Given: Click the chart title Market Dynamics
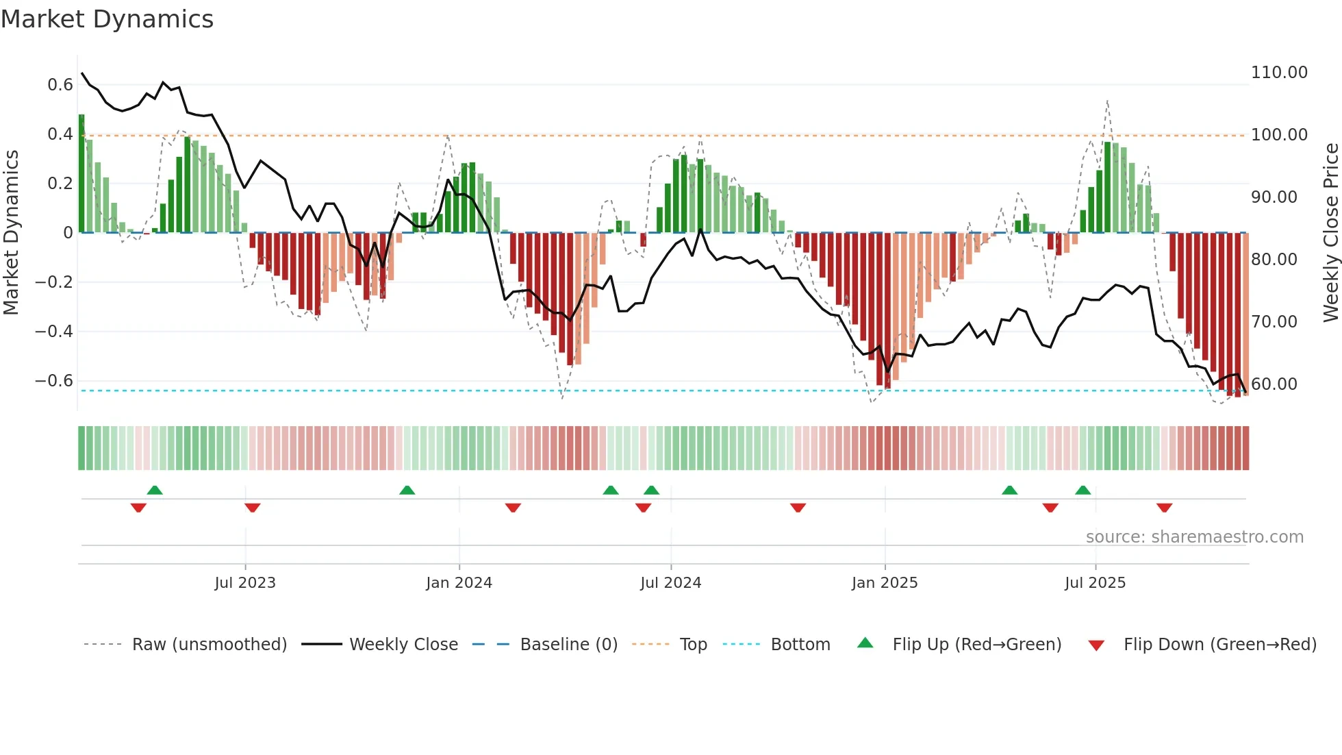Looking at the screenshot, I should click(x=107, y=19).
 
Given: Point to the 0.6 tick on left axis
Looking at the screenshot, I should click(x=60, y=85).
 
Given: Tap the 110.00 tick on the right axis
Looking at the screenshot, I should click(x=1279, y=73).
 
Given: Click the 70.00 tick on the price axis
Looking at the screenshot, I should click(x=1274, y=322).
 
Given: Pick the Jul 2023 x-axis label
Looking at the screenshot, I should click(x=245, y=583).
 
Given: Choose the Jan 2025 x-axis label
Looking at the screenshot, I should click(x=885, y=583).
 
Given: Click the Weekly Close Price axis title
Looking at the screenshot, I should click(x=1330, y=233).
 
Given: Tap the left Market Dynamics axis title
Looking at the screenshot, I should click(x=11, y=233).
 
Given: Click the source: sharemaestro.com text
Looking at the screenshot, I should click(x=1194, y=537).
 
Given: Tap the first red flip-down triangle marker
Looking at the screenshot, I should click(x=138, y=508).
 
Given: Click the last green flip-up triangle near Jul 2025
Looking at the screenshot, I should click(x=1083, y=490).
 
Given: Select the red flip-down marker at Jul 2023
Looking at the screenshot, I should click(x=252, y=508).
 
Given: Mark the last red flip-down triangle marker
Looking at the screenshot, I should click(x=1164, y=508).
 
